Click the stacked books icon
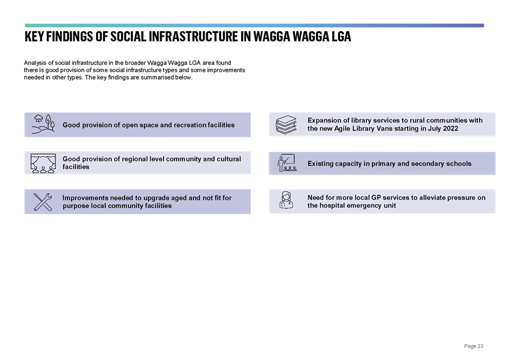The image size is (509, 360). click(286, 125)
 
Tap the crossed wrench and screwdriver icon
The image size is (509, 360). click(43, 202)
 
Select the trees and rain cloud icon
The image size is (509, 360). click(43, 124)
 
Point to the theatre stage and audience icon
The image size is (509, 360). click(43, 163)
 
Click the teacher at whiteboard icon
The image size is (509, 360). click(287, 163)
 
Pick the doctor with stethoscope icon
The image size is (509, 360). click(286, 200)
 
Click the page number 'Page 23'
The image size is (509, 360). click(473, 346)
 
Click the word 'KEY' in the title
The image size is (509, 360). click(34, 36)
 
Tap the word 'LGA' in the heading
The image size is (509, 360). click(342, 36)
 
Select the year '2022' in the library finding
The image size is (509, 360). click(450, 128)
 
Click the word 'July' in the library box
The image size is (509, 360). click(434, 128)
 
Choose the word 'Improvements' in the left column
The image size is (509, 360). click(85, 198)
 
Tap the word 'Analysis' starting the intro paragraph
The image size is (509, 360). click(34, 63)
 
